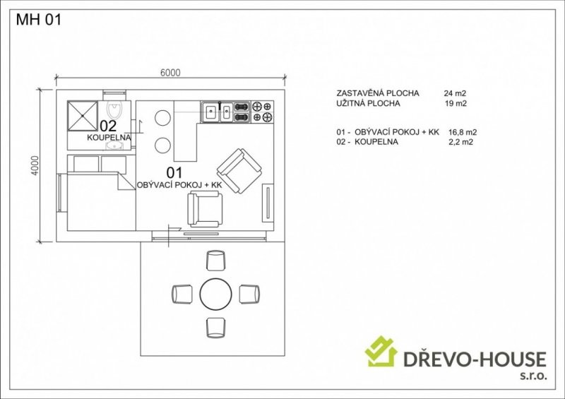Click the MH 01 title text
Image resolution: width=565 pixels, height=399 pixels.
click(39, 20)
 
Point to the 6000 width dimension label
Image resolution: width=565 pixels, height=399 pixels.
click(170, 73)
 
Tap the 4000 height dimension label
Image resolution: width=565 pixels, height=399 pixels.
click(35, 165)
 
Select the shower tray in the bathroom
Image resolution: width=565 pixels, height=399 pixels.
click(83, 115)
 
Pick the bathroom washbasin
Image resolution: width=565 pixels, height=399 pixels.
click(114, 145)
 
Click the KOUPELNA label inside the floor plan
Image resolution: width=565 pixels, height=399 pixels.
click(109, 137)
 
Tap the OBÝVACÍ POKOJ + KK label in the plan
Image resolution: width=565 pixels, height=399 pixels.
click(179, 185)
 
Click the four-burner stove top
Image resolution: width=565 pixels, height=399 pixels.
click(262, 112)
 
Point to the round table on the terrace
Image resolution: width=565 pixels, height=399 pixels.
click(216, 294)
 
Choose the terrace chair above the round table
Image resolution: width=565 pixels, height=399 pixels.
click(216, 261)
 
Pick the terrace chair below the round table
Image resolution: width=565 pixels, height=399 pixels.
click(216, 327)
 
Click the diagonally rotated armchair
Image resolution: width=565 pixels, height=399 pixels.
click(239, 171)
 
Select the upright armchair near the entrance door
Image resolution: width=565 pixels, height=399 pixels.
click(205, 209)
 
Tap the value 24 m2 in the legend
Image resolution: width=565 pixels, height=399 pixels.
click(455, 93)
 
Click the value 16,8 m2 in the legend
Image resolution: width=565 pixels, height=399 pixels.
click(463, 132)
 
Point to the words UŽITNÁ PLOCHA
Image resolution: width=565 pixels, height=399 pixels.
click(368, 103)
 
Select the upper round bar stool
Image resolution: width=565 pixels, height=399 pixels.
click(162, 117)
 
